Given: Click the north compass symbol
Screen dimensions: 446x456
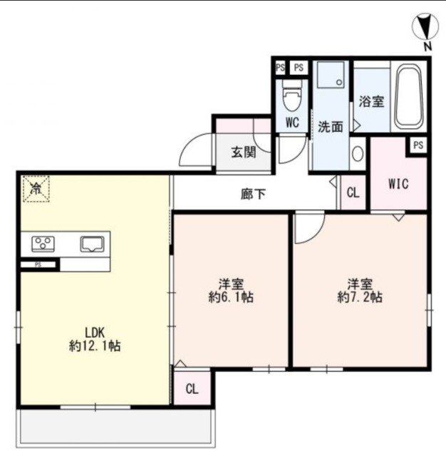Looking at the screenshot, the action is (x=425, y=26).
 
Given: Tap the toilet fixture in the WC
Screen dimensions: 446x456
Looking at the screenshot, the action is (x=293, y=95).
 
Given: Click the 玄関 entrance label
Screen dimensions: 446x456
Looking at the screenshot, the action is (x=244, y=152).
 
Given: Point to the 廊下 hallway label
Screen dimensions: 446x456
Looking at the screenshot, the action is (x=253, y=194).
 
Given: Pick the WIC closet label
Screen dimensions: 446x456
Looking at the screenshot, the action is (x=398, y=184).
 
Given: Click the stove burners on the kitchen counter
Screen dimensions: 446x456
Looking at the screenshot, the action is (x=43, y=244).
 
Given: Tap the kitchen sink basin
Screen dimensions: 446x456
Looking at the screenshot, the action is (x=92, y=244).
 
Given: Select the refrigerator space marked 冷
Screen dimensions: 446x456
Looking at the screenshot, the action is (x=36, y=188).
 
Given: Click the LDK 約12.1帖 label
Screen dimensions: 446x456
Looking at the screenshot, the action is (x=95, y=339).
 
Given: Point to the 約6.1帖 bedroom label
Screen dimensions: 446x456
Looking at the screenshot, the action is (x=231, y=297).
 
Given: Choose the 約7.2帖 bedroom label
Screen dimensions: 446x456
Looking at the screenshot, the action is (x=360, y=297).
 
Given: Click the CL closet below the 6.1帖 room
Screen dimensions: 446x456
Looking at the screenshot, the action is (x=192, y=388).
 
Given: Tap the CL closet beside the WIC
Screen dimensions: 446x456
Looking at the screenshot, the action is (x=353, y=192).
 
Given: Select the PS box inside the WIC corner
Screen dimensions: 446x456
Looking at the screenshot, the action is (x=418, y=145).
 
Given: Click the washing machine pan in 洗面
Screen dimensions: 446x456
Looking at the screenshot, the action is (x=331, y=74).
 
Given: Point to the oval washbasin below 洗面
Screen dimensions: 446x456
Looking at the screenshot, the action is (x=358, y=154).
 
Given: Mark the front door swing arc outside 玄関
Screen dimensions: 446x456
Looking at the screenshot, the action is (x=195, y=149).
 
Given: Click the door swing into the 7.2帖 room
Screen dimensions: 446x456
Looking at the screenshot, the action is (x=309, y=228).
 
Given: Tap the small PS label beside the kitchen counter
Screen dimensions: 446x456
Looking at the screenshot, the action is (x=38, y=264).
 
